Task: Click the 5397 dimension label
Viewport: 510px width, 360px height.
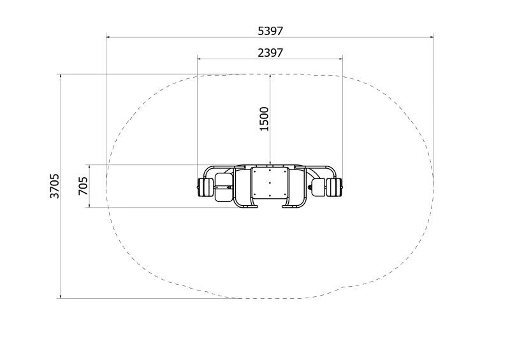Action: (270, 31)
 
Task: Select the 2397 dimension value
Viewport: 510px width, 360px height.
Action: (270, 53)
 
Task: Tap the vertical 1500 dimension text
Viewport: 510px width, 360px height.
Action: (265, 119)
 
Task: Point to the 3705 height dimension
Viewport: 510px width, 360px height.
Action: (55, 186)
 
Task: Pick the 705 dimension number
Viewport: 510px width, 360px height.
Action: (84, 186)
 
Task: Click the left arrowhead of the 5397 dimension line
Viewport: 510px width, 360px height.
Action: (108, 37)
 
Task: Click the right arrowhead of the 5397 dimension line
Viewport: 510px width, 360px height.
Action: (432, 37)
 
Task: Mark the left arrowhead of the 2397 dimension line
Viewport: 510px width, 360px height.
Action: (199, 59)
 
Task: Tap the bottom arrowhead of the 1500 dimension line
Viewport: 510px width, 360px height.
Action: (270, 163)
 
